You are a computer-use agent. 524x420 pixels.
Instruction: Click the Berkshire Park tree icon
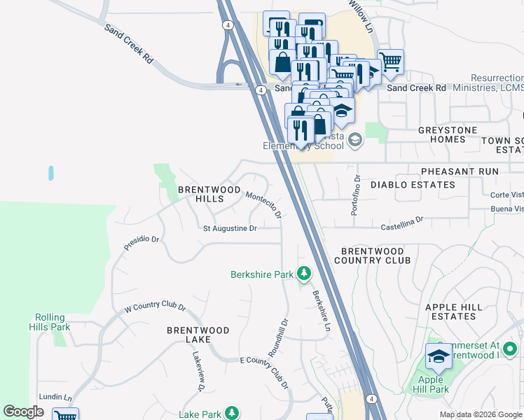click(x=304, y=274)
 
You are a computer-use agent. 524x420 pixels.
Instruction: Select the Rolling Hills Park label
click(x=50, y=322)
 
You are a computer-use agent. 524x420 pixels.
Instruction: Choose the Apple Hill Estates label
click(x=460, y=312)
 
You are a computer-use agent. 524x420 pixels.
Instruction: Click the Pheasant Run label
click(x=459, y=171)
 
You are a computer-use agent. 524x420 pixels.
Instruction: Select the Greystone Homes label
click(x=447, y=134)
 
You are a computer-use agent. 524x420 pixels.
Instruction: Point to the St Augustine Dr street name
click(x=230, y=228)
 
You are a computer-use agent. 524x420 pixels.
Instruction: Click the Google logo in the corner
click(x=23, y=412)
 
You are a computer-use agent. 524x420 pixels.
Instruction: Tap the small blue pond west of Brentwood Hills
click(x=50, y=172)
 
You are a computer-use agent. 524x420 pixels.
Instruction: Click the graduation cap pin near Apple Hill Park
click(x=439, y=356)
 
